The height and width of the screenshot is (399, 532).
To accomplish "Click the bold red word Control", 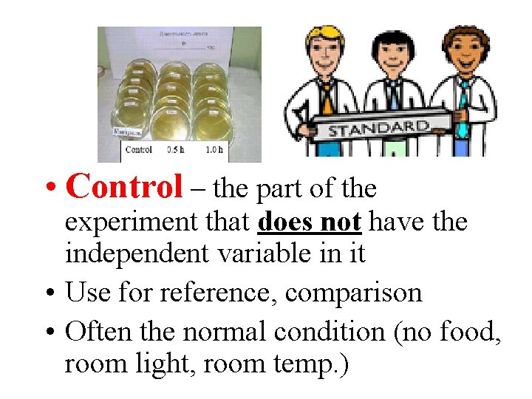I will pyautogui.click(x=123, y=188).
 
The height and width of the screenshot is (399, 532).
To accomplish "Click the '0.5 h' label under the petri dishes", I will pyautogui.click(x=176, y=150).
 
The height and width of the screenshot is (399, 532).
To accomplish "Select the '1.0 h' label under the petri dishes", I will pyautogui.click(x=213, y=150).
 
